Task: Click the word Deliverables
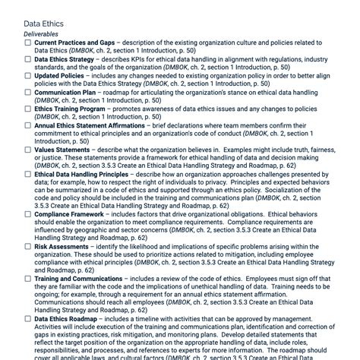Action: click(x=46, y=35)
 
